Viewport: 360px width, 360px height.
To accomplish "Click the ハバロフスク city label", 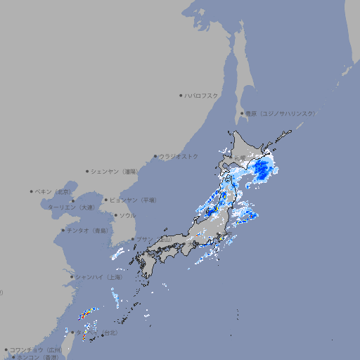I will (202, 95).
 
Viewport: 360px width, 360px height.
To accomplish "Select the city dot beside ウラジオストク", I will (155, 156).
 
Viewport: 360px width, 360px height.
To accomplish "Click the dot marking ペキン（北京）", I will (31, 191).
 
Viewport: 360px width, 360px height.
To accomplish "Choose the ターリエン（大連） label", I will (70, 207).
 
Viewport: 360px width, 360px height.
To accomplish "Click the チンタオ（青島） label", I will (86, 230).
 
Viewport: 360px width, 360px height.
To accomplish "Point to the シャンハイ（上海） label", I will (98, 277).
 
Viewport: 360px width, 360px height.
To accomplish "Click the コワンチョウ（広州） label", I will (35, 349).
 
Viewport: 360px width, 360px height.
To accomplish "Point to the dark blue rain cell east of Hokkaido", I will (264, 169).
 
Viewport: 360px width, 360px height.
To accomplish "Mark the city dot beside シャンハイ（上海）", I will (72, 277).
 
